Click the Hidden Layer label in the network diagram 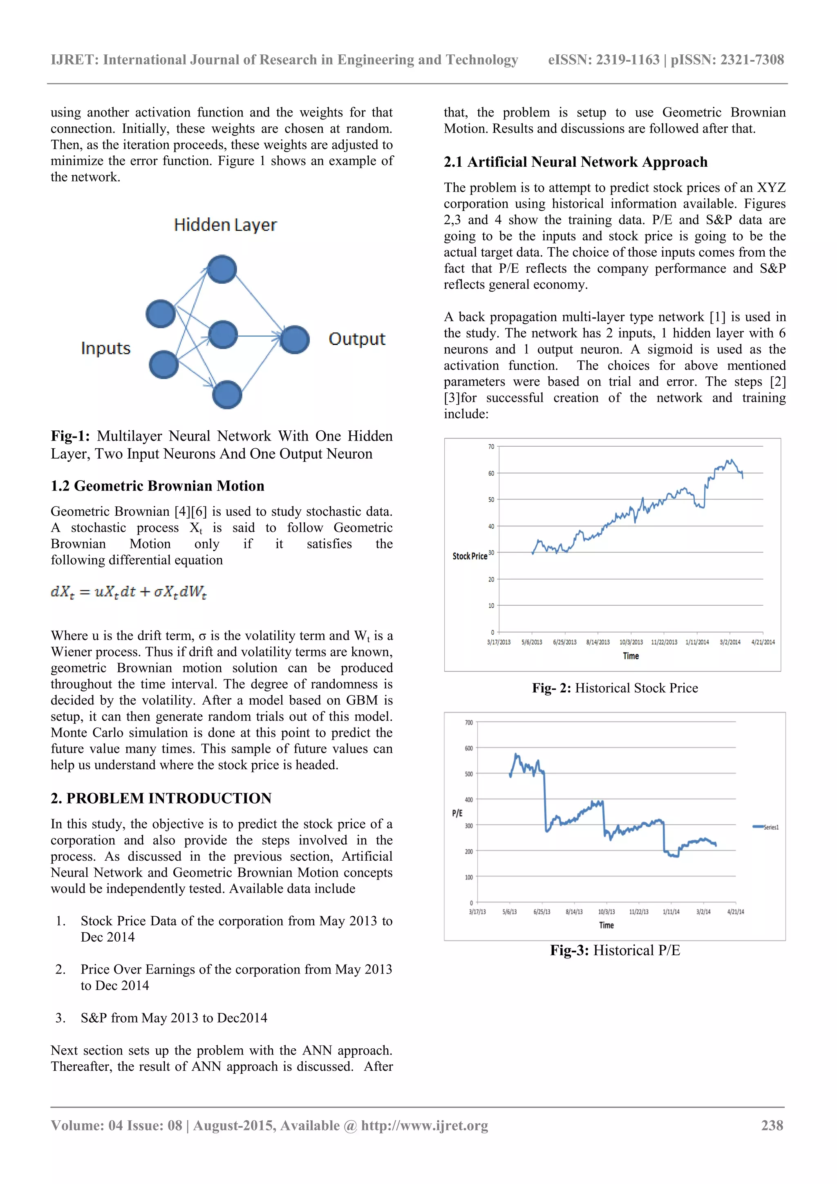point(225,225)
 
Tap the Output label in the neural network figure point(357,339)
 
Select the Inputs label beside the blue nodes point(106,348)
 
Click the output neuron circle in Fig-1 point(295,339)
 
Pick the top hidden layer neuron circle point(222,269)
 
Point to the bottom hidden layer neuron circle point(227,394)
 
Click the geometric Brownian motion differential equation point(129,591)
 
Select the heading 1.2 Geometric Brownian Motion point(157,486)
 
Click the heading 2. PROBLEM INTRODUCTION point(161,798)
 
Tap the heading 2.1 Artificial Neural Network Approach point(575,162)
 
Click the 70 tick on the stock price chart point(491,447)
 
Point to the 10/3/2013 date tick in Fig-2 point(631,642)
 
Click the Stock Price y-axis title point(469,556)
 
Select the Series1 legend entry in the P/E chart point(766,827)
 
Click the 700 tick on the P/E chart point(468,723)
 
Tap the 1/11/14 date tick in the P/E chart point(671,912)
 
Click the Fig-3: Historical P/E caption point(615,950)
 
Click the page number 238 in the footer point(772,1125)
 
